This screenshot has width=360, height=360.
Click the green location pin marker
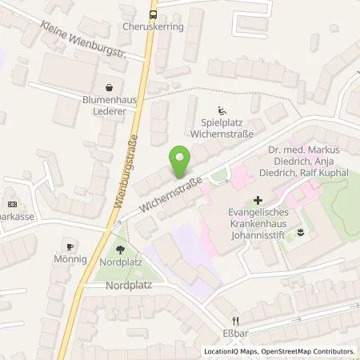[x=180, y=161]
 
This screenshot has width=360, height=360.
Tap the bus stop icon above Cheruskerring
[x=153, y=14]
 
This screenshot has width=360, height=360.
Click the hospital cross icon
[x=257, y=200]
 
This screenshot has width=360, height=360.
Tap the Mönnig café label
[x=69, y=261]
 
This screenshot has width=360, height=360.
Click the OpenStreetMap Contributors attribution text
[x=314, y=351]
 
